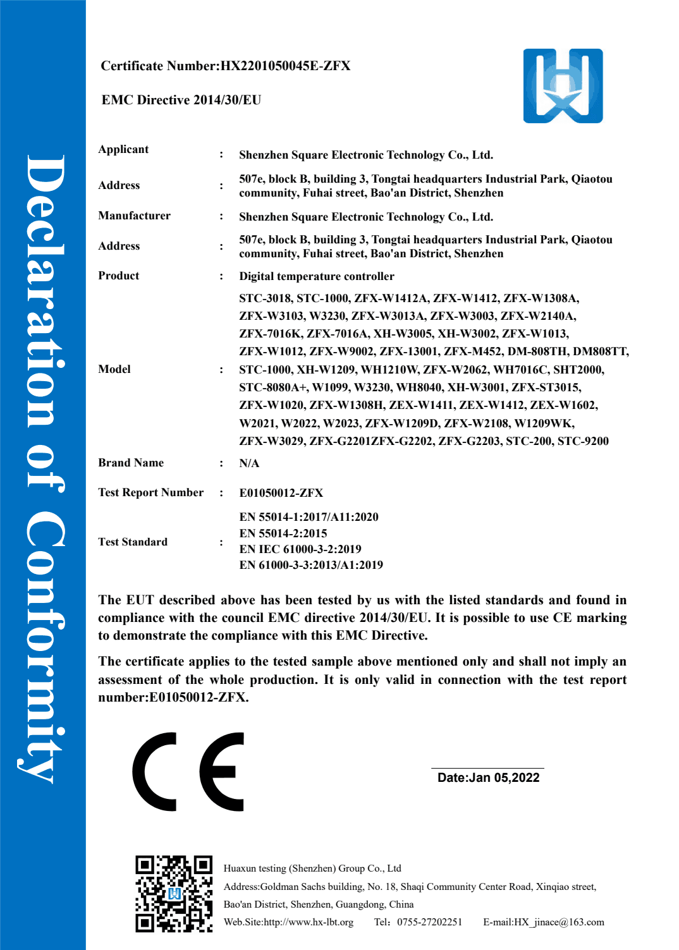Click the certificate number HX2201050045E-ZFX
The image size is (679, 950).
click(285, 66)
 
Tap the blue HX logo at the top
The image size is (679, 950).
click(563, 86)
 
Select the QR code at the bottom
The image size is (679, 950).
click(173, 894)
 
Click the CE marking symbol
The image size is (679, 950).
click(188, 772)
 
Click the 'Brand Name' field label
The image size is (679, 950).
click(131, 463)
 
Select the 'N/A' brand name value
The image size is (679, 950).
click(249, 463)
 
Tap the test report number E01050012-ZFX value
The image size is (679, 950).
click(281, 493)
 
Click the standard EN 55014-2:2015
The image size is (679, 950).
click(283, 533)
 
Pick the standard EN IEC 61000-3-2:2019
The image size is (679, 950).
click(300, 549)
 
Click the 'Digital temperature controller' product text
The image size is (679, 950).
click(316, 276)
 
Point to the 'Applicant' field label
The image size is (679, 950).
click(123, 149)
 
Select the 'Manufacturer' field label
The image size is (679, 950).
click(134, 216)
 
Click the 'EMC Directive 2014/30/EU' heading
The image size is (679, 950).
click(181, 100)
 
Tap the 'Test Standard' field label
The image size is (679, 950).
click(133, 542)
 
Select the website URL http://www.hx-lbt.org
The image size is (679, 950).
click(309, 922)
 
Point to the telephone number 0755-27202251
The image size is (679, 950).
click(429, 922)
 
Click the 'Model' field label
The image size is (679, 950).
click(114, 369)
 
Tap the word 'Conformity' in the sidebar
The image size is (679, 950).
click(44, 645)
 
